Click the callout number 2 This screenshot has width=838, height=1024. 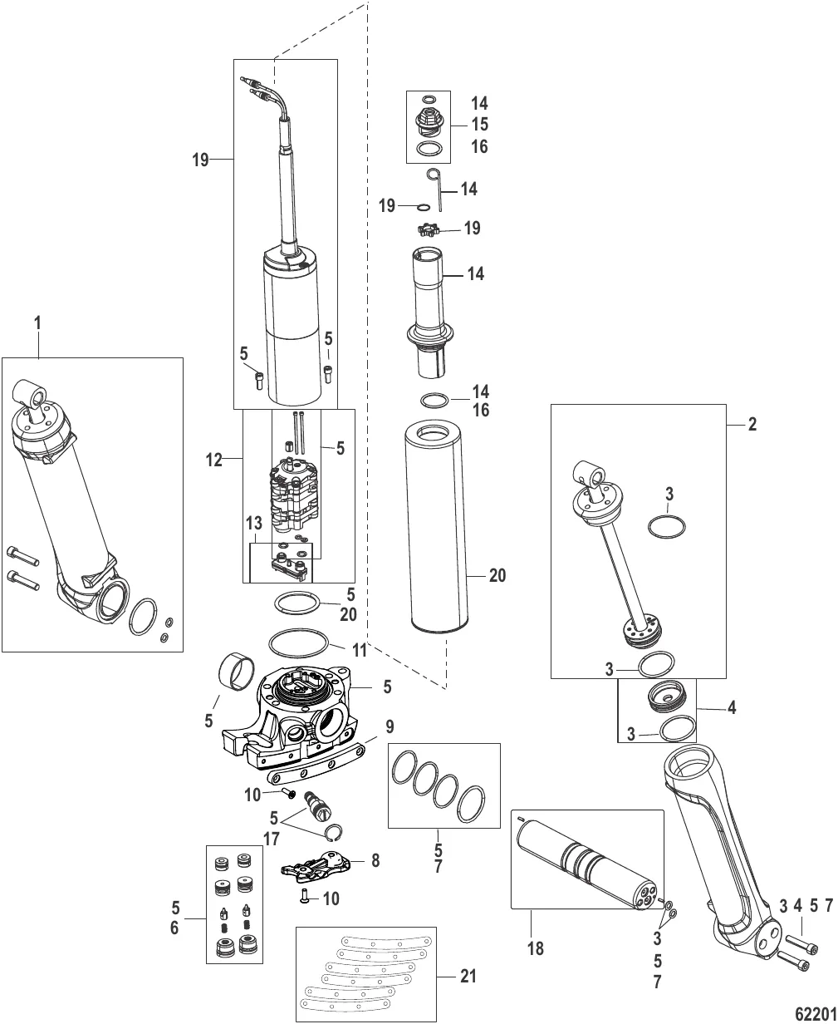tap(752, 424)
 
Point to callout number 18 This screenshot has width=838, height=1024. tap(536, 947)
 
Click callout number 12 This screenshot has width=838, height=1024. tap(215, 459)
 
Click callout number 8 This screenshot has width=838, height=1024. tap(376, 860)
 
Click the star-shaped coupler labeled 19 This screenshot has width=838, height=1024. tap(428, 229)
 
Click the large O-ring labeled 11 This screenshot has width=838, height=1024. tap(296, 642)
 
